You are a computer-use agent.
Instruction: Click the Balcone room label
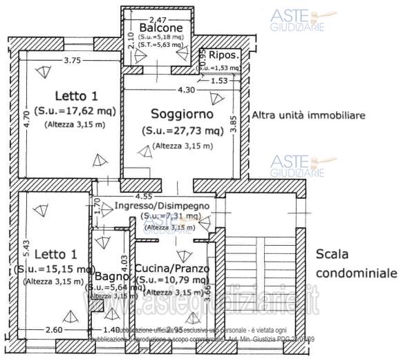[x=160, y=27]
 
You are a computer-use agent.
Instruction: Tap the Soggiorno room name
[x=182, y=113]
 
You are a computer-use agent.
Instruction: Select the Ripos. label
[x=225, y=55]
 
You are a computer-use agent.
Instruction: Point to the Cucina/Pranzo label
[x=173, y=269]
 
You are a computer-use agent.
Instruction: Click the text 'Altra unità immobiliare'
[x=308, y=115]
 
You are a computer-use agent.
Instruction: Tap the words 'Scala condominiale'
[x=355, y=263]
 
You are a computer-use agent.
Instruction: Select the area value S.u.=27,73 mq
[x=182, y=130]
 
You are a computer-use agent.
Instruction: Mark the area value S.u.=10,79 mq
[x=170, y=280]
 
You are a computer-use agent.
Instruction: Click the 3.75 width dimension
[x=72, y=61]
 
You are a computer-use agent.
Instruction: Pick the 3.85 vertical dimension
[x=234, y=125]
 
